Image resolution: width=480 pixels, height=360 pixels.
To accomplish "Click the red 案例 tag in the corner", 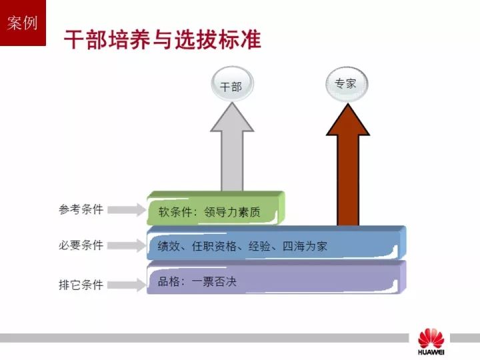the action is [23, 23].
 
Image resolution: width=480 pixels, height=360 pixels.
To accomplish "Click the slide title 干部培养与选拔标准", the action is [163, 39].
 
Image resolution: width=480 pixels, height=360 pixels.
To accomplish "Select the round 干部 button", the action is [232, 84].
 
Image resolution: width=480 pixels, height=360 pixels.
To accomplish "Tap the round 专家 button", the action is [346, 84].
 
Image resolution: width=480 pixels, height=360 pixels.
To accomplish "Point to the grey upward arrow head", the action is [232, 117].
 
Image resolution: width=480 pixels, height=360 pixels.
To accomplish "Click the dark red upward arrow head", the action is [348, 120].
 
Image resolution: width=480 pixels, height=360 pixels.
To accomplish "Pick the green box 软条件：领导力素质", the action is [216, 208].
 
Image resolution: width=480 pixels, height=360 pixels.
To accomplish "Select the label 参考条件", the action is [81, 210].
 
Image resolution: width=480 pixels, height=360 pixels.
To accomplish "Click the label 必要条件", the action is [81, 245].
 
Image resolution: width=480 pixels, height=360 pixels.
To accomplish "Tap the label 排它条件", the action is [81, 285].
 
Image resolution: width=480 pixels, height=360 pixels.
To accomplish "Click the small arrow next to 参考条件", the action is [127, 210].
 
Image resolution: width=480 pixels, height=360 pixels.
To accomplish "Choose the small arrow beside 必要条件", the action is [127, 245].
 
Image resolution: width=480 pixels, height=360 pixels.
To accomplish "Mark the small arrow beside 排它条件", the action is [127, 285].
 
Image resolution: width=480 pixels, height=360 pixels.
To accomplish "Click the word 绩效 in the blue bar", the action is [169, 246].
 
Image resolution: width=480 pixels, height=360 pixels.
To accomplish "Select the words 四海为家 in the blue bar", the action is [305, 246].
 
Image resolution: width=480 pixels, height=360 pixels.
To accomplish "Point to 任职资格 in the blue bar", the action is [214, 246].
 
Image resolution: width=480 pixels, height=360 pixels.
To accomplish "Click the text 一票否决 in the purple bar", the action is [214, 281].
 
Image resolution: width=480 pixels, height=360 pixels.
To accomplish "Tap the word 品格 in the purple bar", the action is [169, 281].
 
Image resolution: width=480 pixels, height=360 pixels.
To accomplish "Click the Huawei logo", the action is [431, 341].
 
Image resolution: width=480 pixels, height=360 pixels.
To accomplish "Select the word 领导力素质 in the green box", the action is [233, 212].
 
